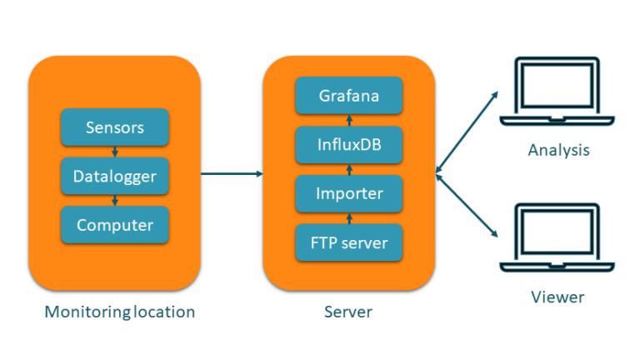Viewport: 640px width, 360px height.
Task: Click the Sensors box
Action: coord(115,127)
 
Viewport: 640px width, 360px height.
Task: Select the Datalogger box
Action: coord(115,176)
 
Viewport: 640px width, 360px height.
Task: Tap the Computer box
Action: coord(115,225)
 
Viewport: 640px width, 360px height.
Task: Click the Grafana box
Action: coord(349,96)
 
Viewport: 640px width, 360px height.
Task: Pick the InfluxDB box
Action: coord(349,145)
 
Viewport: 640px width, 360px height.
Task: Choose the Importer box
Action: coord(349,194)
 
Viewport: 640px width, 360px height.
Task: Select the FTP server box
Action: coord(349,243)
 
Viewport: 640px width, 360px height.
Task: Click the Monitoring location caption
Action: coord(120,312)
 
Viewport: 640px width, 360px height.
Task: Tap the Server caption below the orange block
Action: coord(348,312)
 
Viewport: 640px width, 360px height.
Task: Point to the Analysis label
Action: coord(558,151)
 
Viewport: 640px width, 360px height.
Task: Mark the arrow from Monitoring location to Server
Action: coord(232,173)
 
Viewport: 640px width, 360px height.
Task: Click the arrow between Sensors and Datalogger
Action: coord(115,152)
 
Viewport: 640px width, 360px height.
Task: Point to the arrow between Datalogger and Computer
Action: coord(115,201)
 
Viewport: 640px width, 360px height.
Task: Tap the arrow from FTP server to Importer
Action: coord(349,219)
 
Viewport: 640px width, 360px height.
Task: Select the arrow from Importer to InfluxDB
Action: coord(349,170)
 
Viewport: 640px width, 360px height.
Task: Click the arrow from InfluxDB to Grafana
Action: coord(349,121)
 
